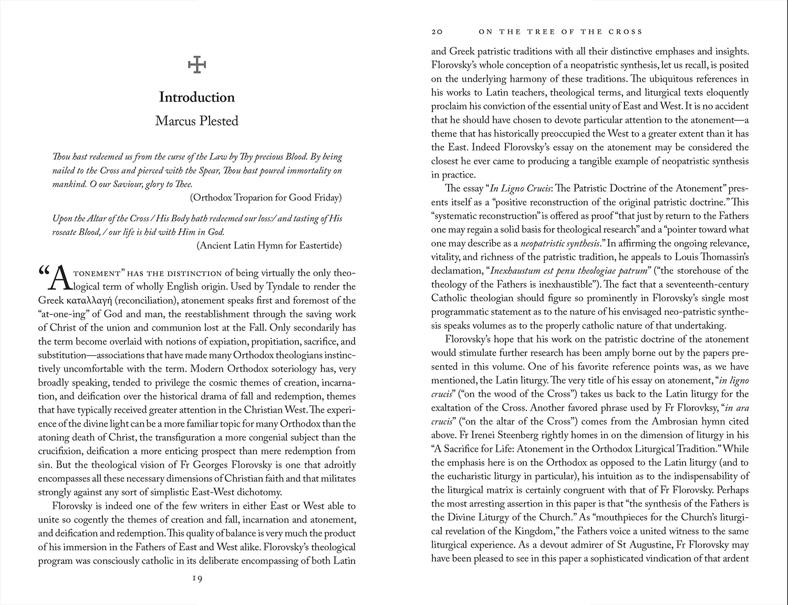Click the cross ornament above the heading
pyautogui.click(x=197, y=65)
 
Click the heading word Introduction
pyautogui.click(x=197, y=98)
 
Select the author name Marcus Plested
pyautogui.click(x=197, y=121)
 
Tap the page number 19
pyautogui.click(x=197, y=578)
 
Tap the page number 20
pyautogui.click(x=437, y=32)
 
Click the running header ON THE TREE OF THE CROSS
pyautogui.click(x=561, y=32)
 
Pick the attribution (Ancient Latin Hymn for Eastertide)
pyautogui.click(x=269, y=246)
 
